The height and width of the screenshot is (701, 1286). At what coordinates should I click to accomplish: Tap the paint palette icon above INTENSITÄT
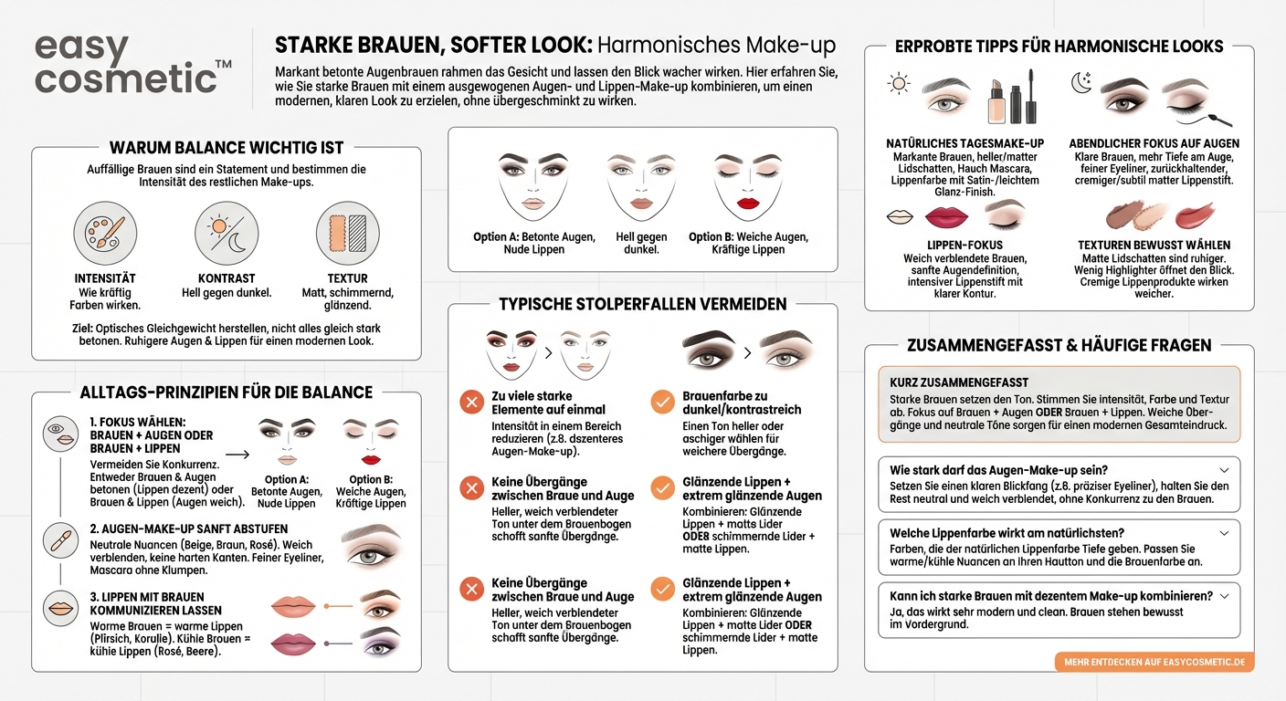[105, 234]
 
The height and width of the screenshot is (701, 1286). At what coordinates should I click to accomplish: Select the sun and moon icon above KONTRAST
[226, 234]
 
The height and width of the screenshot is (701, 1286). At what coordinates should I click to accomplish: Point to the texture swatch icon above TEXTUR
[347, 234]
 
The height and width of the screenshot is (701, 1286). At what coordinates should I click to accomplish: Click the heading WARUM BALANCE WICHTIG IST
[227, 148]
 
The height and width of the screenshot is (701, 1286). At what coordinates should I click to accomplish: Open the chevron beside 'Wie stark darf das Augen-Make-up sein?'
[1224, 470]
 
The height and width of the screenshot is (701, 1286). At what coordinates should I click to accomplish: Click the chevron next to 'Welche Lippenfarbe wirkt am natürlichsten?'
[1224, 533]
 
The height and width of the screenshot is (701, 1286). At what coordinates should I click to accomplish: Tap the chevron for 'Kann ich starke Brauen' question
[1224, 596]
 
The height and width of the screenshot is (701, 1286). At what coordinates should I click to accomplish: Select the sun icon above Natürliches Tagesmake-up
[899, 85]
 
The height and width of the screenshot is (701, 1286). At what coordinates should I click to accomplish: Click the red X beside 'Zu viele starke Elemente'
[472, 402]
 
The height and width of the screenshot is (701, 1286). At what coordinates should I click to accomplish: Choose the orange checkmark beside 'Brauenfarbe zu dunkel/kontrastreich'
[662, 402]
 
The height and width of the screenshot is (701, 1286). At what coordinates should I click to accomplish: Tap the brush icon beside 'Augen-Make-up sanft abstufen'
[60, 540]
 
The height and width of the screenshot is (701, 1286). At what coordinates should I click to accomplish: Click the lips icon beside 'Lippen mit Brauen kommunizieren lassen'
[60, 608]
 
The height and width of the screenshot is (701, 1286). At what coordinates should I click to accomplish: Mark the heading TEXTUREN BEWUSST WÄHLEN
[1154, 245]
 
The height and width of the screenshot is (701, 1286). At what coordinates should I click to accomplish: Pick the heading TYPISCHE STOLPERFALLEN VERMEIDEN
[643, 304]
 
